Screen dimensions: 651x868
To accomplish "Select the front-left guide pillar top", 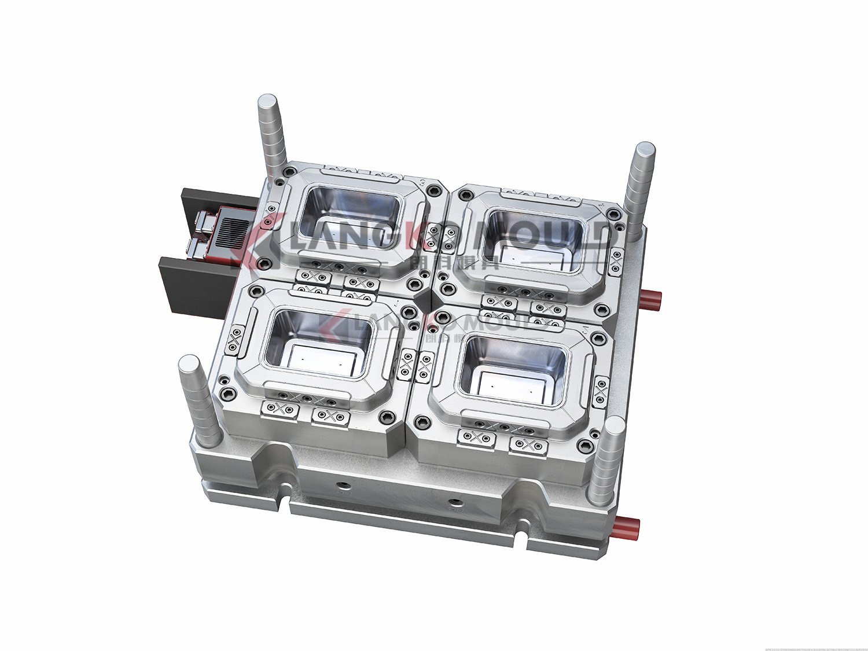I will (189, 364).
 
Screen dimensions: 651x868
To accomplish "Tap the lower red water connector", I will (628, 527).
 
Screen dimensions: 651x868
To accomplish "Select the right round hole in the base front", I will (455, 501).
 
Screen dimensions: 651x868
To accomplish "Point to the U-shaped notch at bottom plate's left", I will (285, 499).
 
